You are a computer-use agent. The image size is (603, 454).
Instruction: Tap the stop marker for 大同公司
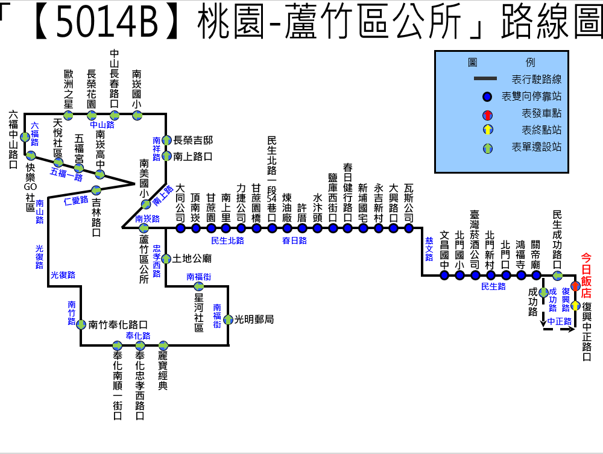(180, 228)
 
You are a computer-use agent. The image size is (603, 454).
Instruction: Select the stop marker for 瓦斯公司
(409, 228)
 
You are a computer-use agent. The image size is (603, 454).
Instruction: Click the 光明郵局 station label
(254, 320)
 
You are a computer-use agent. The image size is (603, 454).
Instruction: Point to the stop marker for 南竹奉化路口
(81, 324)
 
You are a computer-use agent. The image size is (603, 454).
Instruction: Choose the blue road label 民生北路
(227, 241)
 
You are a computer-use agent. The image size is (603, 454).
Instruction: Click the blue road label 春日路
(294, 241)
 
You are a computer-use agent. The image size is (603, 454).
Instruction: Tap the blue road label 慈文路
(429, 248)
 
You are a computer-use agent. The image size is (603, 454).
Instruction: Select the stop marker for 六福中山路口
(25, 137)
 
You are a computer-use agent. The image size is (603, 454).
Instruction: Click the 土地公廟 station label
(192, 259)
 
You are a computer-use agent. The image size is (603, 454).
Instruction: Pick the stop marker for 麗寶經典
(163, 345)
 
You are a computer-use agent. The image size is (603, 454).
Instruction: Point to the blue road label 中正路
(559, 321)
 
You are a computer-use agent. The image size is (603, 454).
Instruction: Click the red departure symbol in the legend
(487, 115)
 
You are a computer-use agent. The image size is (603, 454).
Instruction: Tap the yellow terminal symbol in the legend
(487, 130)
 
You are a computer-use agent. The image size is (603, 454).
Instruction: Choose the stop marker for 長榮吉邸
(166, 140)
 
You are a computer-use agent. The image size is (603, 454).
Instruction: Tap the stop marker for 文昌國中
(444, 276)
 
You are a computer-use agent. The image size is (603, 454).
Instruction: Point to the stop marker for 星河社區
(198, 286)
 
